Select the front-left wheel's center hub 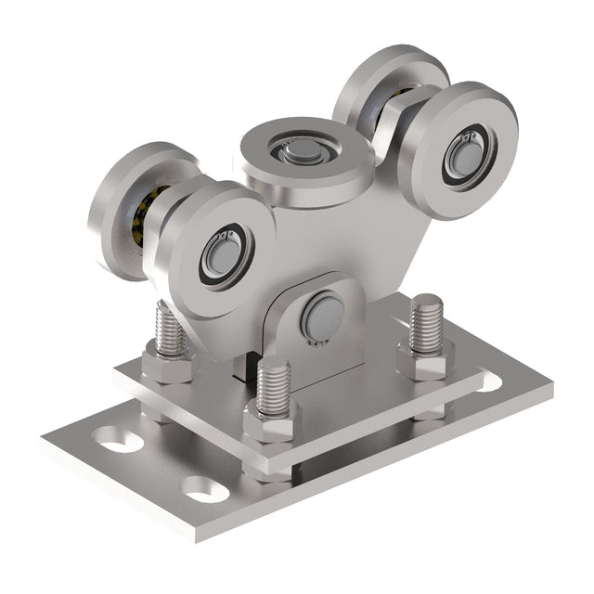tap(219, 254)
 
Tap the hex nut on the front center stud tap(272, 421)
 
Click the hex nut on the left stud tap(167, 367)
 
